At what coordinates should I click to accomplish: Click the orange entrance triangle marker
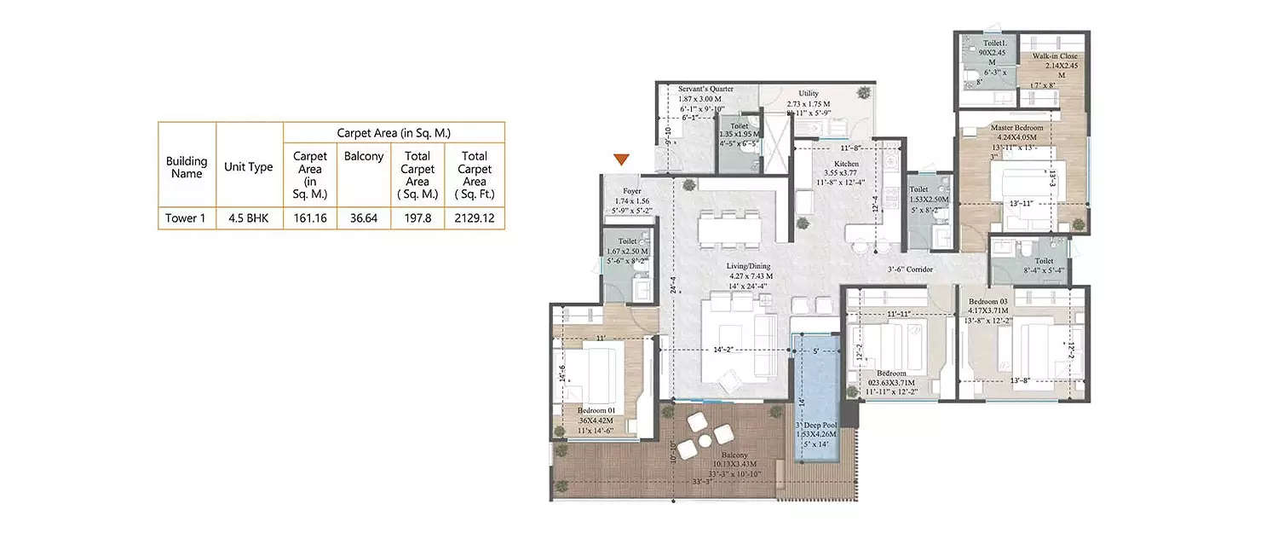pos(623,159)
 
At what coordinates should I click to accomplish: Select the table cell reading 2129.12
pos(474,218)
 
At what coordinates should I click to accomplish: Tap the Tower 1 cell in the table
pos(186,218)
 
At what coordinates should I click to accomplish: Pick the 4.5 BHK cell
pos(248,218)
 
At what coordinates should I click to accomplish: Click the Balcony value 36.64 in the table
pos(363,218)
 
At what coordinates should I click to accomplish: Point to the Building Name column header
pos(186,166)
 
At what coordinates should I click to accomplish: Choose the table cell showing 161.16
pos(310,218)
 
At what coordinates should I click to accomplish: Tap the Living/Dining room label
pos(749,266)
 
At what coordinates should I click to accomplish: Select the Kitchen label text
pos(846,164)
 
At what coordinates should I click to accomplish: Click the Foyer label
pos(631,191)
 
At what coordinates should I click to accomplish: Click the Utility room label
pos(809,93)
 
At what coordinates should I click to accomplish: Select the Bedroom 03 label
pos(988,302)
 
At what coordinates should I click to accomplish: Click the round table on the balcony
pos(704,441)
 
